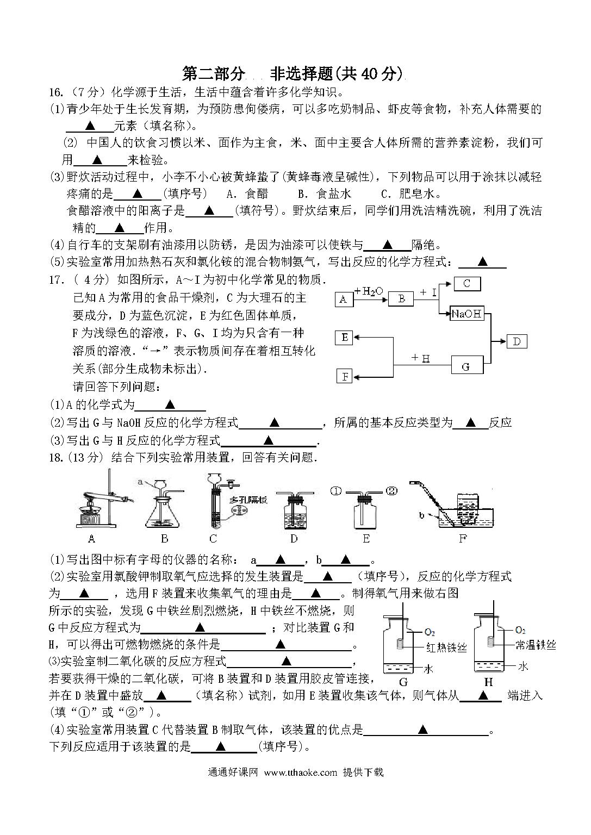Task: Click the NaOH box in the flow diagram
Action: pyautogui.click(x=466, y=314)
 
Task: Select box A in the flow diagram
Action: pyautogui.click(x=344, y=300)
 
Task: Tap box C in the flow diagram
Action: pyautogui.click(x=467, y=284)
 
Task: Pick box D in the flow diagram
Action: pyautogui.click(x=517, y=341)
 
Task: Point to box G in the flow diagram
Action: pyautogui.click(x=467, y=365)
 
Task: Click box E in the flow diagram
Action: pyautogui.click(x=344, y=338)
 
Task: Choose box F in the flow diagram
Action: pyautogui.click(x=345, y=376)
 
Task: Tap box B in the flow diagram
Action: pyautogui.click(x=401, y=299)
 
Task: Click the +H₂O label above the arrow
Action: pyautogui.click(x=369, y=291)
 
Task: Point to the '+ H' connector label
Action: pyautogui.click(x=421, y=358)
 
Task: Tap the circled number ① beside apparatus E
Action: pyautogui.click(x=335, y=491)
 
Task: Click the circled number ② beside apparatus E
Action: pyautogui.click(x=391, y=490)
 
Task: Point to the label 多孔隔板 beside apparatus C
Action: pyautogui.click(x=248, y=500)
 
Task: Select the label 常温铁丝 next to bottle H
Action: pyautogui.click(x=536, y=645)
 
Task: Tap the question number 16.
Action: pyautogui.click(x=55, y=92)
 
